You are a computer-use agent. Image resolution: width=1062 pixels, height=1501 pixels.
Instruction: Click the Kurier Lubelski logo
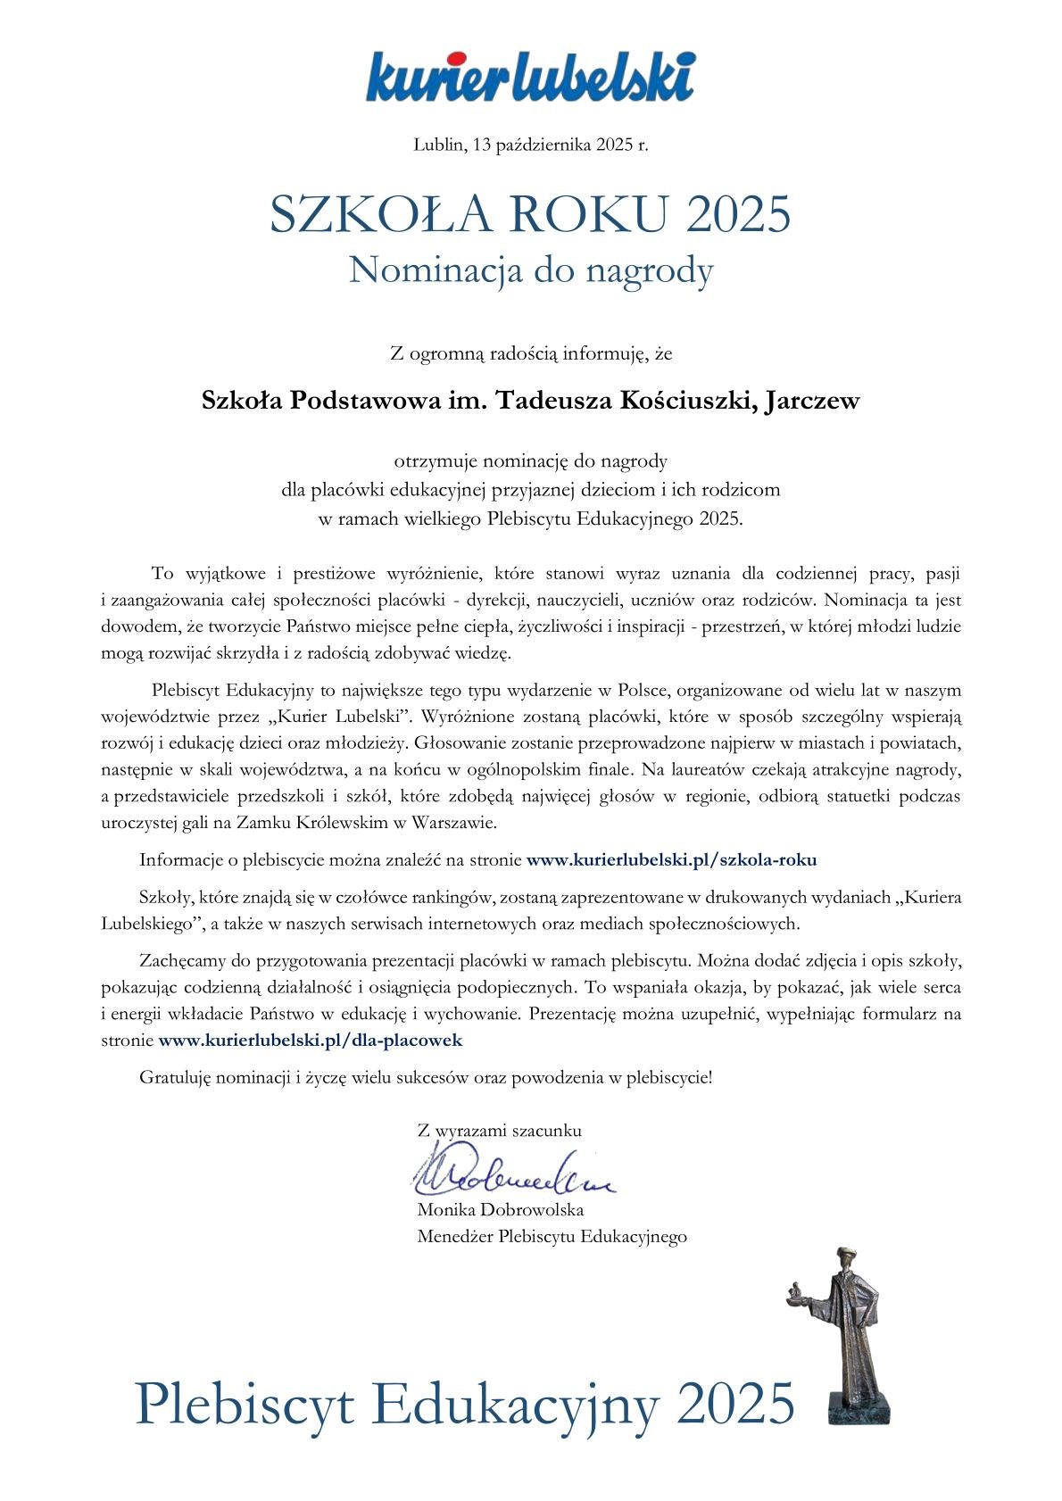(x=530, y=78)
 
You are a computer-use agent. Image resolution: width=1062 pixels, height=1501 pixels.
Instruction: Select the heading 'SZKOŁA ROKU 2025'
(x=530, y=214)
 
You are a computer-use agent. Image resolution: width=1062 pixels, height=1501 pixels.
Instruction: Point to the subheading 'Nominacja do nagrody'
(x=530, y=270)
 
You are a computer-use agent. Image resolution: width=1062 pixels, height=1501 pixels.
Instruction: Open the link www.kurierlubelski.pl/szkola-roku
(x=671, y=860)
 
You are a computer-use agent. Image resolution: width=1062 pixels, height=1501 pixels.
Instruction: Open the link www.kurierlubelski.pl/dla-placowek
(x=310, y=1040)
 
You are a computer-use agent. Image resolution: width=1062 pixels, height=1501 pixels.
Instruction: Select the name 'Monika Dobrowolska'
(x=500, y=1210)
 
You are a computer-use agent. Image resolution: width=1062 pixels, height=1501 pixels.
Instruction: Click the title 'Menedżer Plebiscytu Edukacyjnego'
(x=552, y=1236)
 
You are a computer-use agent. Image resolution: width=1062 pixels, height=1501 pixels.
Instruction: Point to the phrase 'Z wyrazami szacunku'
(x=499, y=1130)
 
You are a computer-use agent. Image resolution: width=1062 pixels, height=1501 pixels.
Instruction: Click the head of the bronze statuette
(x=845, y=1258)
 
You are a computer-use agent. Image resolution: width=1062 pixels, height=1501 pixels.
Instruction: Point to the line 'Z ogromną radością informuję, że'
(x=530, y=354)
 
